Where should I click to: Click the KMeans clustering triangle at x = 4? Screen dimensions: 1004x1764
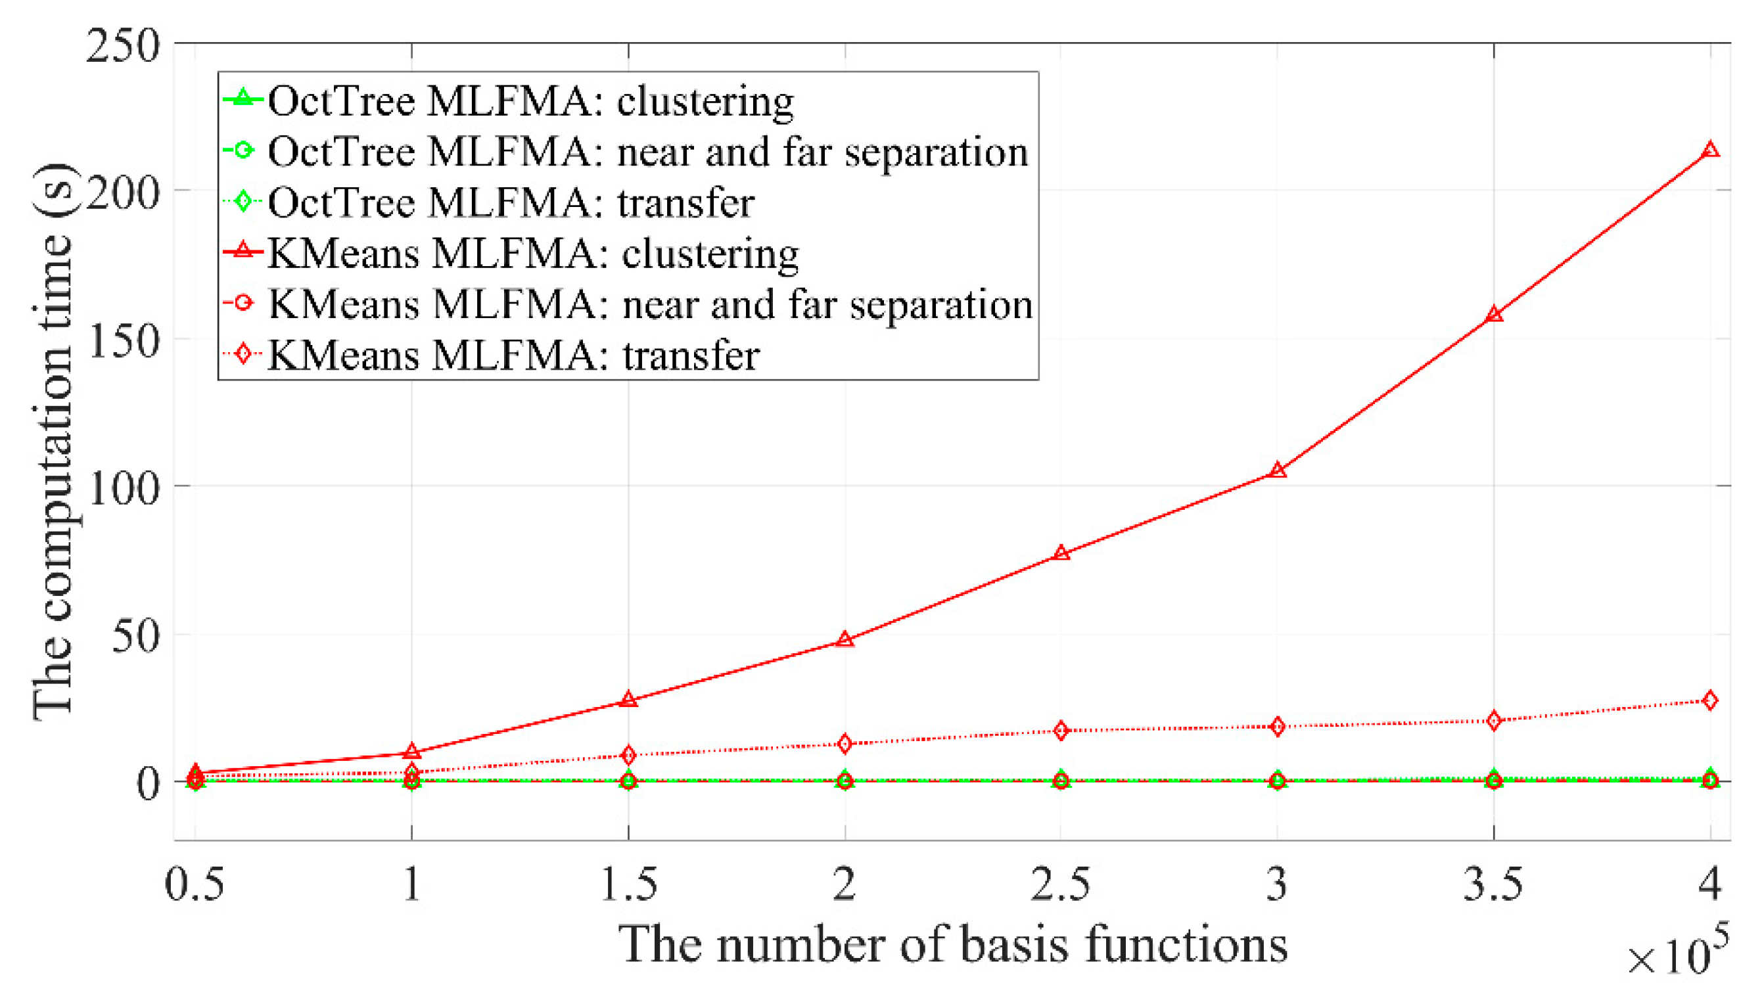click(1709, 150)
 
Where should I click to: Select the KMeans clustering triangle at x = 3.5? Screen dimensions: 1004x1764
click(1494, 315)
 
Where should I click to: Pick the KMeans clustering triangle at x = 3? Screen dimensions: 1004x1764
click(1277, 470)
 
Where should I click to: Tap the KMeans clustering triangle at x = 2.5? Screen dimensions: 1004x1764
click(1061, 553)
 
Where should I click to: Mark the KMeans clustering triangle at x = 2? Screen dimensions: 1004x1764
click(845, 640)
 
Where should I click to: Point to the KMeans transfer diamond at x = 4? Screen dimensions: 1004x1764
click(1709, 700)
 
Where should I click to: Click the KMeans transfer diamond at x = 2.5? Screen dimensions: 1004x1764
click(1061, 730)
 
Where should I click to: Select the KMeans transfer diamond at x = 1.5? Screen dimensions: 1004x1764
click(628, 755)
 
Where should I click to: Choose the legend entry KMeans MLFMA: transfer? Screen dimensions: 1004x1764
click(513, 356)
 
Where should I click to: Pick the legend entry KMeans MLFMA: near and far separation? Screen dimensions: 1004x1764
click(649, 305)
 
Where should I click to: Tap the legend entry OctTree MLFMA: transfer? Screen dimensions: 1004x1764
click(510, 203)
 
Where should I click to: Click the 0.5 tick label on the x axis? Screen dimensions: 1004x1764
click(195, 884)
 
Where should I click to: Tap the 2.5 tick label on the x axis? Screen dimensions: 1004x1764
click(1061, 884)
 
